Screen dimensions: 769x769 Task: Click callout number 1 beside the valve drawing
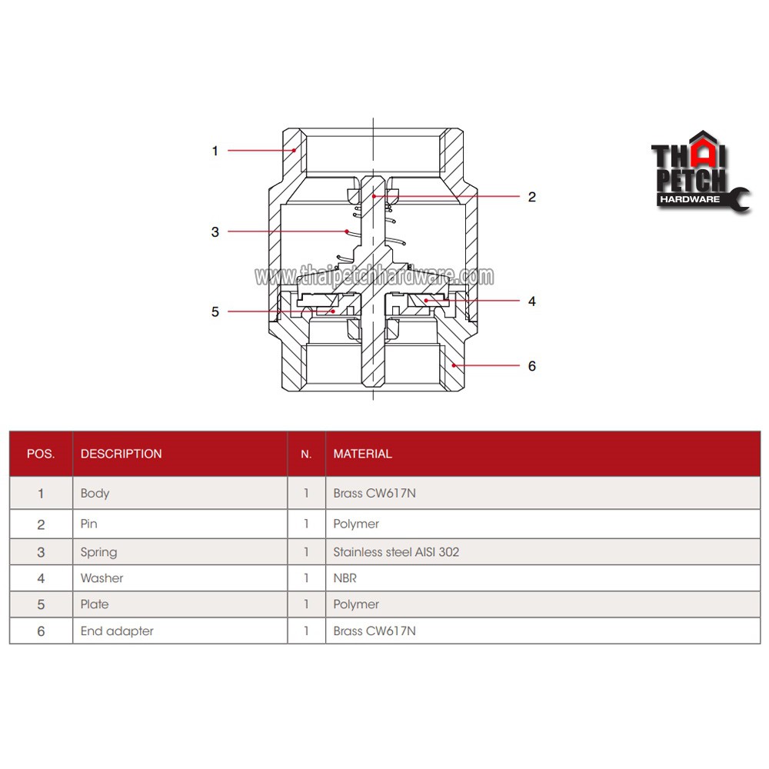pyautogui.click(x=215, y=151)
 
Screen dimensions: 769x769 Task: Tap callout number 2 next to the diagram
pyautogui.click(x=531, y=197)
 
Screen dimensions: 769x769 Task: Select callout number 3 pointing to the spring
pyautogui.click(x=215, y=232)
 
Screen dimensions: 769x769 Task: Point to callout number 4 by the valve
pyautogui.click(x=531, y=301)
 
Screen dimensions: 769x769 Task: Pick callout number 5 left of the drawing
pyautogui.click(x=215, y=312)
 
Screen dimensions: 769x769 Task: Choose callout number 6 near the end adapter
pyautogui.click(x=531, y=366)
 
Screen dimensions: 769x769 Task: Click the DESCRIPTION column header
pyautogui.click(x=122, y=454)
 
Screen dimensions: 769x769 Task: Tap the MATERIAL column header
pyautogui.click(x=362, y=454)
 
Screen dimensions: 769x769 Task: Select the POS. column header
pyautogui.click(x=41, y=454)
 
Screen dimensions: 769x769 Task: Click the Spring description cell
pyautogui.click(x=98, y=552)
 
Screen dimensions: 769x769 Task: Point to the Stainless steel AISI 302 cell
pyautogui.click(x=396, y=552)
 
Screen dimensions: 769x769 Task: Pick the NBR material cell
pyautogui.click(x=345, y=578)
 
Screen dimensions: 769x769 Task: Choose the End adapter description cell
pyautogui.click(x=117, y=631)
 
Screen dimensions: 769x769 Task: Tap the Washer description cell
pyautogui.click(x=102, y=578)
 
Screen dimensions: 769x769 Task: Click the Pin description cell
pyautogui.click(x=88, y=524)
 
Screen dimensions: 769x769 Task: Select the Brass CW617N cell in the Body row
pyautogui.click(x=375, y=494)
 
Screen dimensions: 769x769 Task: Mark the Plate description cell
pyautogui.click(x=94, y=604)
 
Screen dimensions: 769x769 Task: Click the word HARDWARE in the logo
pyautogui.click(x=690, y=199)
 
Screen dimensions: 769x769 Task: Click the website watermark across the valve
pyautogui.click(x=375, y=276)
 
